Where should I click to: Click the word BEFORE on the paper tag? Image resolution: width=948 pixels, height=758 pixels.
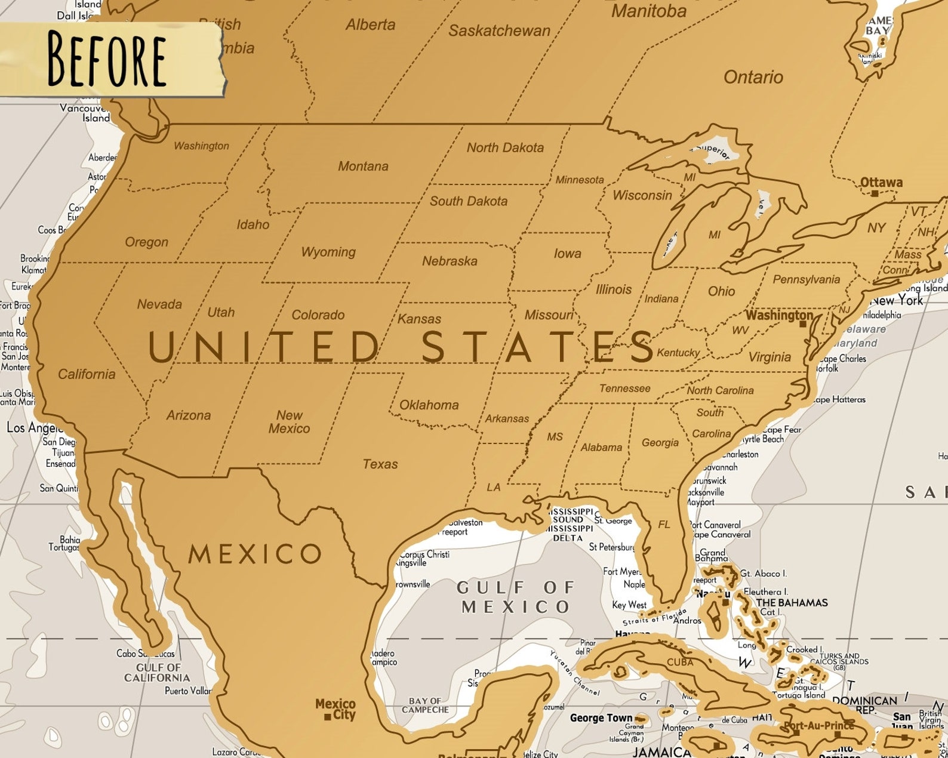106,59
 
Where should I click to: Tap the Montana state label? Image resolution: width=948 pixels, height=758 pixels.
363,167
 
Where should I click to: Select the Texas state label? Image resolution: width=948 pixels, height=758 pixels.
380,464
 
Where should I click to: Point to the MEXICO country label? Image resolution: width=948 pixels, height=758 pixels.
255,554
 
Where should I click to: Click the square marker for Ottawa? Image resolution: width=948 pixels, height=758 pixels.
875,193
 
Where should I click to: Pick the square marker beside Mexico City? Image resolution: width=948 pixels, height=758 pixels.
327,717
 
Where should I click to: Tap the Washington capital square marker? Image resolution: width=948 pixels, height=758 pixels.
803,324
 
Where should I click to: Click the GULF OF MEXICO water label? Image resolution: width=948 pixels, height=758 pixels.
516,597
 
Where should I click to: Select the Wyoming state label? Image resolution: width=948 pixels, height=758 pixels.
328,252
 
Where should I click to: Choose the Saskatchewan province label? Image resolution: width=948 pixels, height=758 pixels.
499,31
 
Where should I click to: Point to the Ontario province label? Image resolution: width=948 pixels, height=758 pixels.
753,77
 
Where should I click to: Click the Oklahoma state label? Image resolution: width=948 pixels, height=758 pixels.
429,405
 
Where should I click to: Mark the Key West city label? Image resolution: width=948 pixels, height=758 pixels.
629,605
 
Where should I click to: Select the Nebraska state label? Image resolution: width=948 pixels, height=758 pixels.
450,261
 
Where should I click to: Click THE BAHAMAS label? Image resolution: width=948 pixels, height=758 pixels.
792,603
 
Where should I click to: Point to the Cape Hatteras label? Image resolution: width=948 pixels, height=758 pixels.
839,399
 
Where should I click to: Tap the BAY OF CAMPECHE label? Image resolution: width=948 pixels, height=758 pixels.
425,705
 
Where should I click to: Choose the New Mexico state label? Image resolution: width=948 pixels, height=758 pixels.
289,422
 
